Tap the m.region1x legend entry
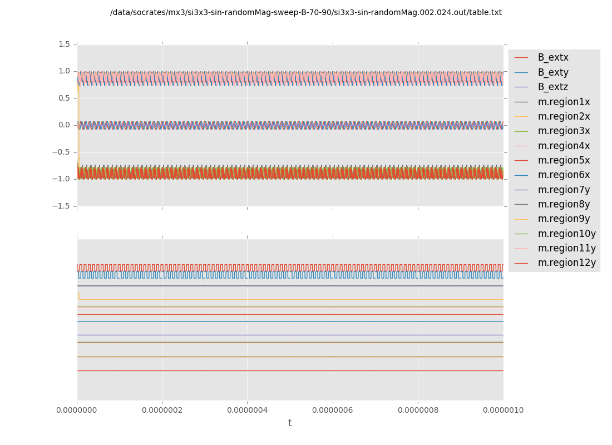point(564,102)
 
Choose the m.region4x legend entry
point(564,146)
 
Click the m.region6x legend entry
point(564,175)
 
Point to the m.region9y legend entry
point(564,219)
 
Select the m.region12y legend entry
point(566,263)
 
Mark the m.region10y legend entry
point(566,234)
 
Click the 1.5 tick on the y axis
point(63,44)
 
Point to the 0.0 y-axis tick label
point(63,125)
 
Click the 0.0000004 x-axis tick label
point(247,411)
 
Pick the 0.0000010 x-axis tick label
point(503,411)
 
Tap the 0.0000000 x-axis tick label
point(77,411)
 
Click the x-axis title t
point(290,423)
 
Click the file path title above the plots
point(306,13)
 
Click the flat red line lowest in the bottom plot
point(289,370)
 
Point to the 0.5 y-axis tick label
point(63,98)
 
